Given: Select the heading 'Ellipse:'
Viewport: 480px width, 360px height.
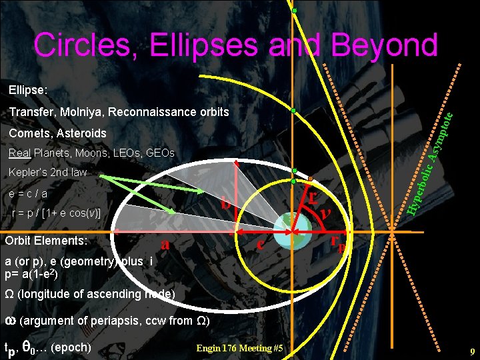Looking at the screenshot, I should pos(29,89).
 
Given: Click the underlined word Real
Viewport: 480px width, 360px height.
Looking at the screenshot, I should pos(20,153).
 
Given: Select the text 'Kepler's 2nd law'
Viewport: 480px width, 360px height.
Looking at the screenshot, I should pos(48,173).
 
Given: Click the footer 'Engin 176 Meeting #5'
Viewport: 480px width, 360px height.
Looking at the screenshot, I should pos(240,348).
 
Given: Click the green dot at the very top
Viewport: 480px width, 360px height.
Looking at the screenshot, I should pos(294,11).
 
